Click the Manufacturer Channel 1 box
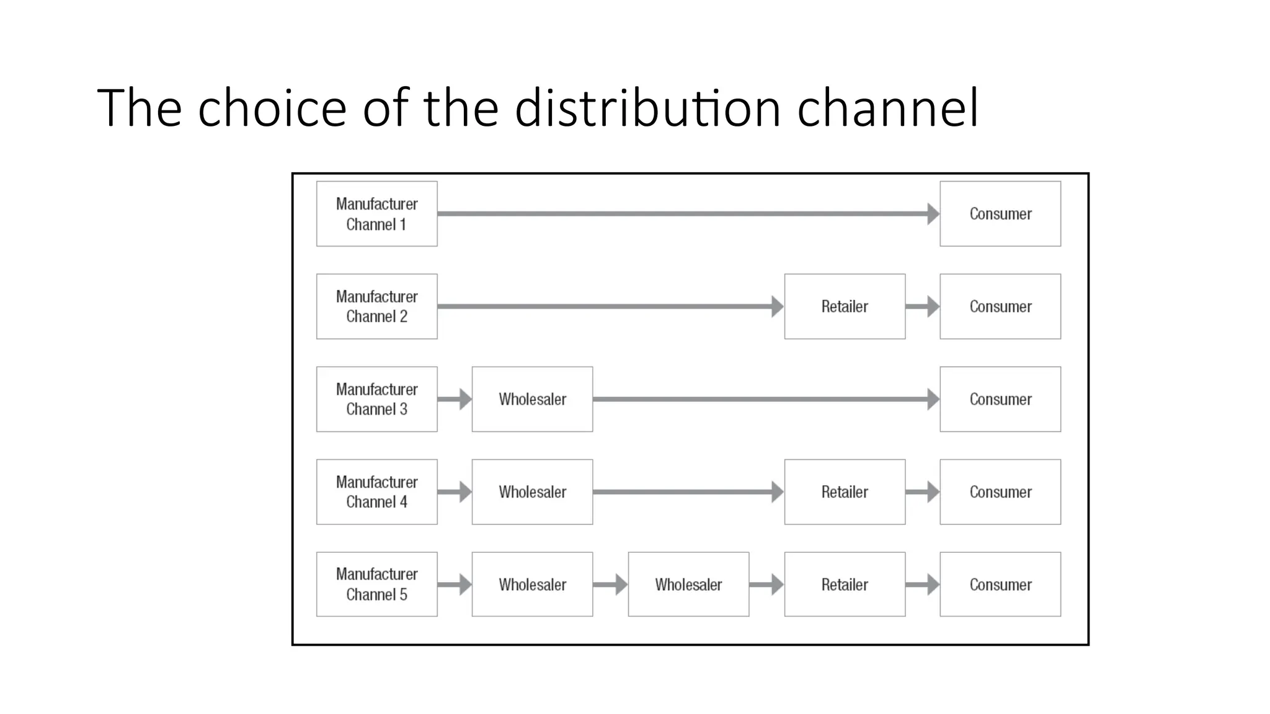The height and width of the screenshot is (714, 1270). click(376, 214)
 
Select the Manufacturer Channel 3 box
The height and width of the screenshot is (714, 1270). click(376, 399)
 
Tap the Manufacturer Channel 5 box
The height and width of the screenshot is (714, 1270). click(376, 584)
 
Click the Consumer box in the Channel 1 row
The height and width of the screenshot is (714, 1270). click(1000, 214)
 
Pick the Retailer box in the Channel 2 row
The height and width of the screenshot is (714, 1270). click(844, 306)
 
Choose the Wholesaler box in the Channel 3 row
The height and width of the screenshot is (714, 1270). click(532, 399)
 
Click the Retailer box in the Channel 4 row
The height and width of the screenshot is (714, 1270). click(844, 492)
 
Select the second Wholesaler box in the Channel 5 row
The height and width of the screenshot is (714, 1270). click(688, 584)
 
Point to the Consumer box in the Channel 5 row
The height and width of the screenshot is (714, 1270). click(1000, 584)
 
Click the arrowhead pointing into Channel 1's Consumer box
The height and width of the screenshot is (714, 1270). click(933, 214)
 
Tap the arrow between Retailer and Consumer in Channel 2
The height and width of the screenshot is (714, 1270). click(922, 306)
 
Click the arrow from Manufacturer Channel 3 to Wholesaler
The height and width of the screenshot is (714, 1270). click(455, 399)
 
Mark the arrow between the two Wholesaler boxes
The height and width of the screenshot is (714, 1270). click(610, 584)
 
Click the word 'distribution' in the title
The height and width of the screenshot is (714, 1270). click(647, 108)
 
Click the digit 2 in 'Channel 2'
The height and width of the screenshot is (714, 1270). click(403, 317)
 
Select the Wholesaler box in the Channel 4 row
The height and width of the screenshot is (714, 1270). click(532, 492)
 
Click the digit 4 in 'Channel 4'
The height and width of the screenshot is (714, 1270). click(403, 502)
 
